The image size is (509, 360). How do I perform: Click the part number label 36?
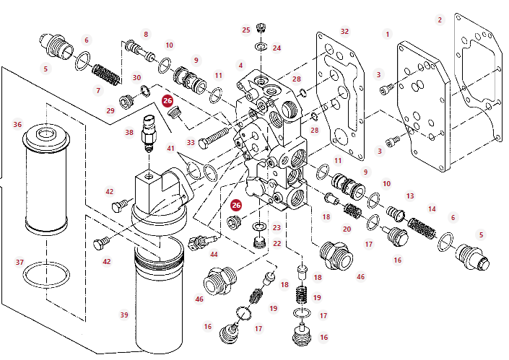(17, 124)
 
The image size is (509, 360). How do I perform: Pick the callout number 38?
(129, 132)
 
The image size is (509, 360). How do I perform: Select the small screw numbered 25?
(262, 30)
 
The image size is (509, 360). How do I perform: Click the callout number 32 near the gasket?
(344, 31)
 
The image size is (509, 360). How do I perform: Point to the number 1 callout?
(387, 34)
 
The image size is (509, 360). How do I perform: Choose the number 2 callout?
(440, 19)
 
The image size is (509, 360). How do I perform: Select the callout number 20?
(347, 229)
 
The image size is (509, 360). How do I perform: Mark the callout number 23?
(277, 228)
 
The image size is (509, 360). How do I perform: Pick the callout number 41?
(171, 149)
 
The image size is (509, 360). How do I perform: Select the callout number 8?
(146, 34)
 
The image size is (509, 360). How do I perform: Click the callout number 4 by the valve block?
(241, 66)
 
